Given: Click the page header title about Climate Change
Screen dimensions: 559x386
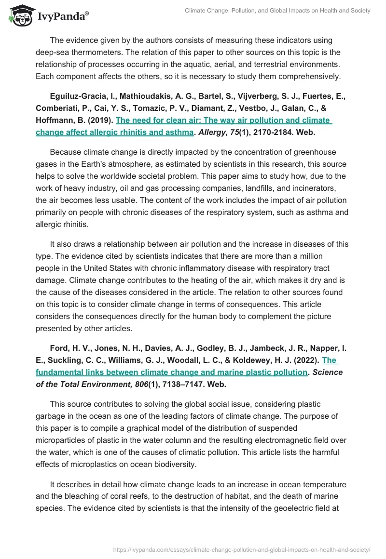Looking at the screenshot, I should [x=277, y=11].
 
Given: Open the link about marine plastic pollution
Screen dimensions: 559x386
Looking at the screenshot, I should [x=172, y=372].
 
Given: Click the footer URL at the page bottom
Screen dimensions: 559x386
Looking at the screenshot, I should [x=242, y=549].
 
